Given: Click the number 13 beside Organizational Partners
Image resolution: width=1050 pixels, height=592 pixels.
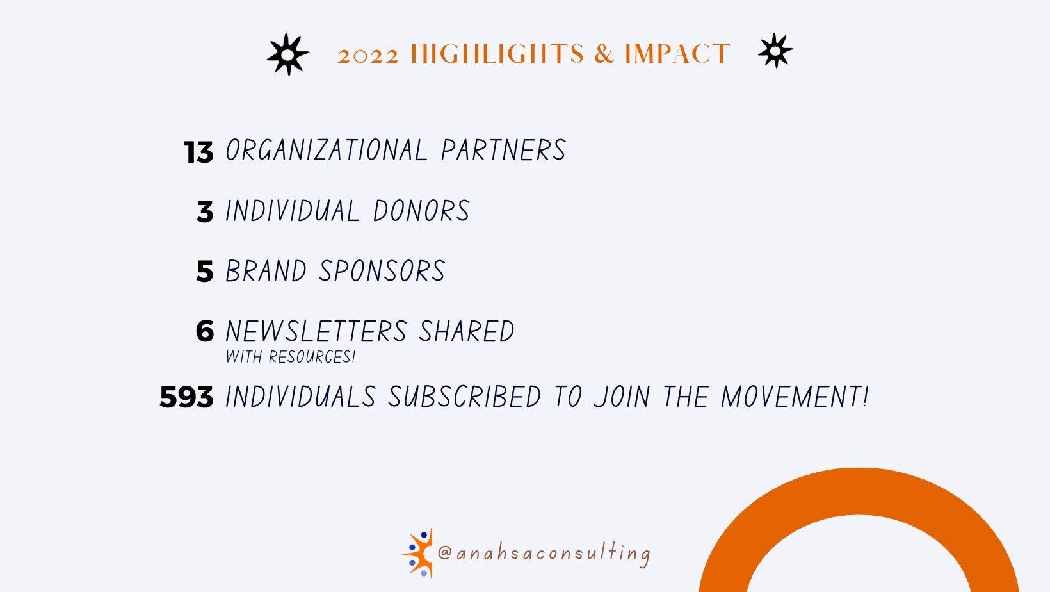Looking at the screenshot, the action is click(198, 152).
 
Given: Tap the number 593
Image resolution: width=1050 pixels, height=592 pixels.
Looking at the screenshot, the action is click(186, 397).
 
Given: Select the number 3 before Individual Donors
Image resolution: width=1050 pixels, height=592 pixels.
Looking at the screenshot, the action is click(205, 211).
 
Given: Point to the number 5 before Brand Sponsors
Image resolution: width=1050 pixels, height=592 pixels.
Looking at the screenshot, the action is click(205, 271).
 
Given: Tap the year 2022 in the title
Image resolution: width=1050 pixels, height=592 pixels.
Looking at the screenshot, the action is click(368, 55).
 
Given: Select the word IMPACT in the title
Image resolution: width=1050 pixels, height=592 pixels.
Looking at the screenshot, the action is click(677, 53).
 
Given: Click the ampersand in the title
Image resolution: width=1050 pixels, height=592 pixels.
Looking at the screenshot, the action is click(604, 53).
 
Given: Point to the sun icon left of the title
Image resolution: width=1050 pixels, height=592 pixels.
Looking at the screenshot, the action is click(288, 54).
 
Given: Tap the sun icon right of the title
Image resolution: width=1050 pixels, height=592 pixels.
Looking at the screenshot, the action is click(776, 51).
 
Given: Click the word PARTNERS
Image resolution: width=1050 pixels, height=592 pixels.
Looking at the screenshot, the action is click(504, 150).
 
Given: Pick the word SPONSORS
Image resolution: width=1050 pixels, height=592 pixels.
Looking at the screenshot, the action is click(382, 270).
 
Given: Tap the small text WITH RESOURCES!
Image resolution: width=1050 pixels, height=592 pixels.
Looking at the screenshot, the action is click(291, 357).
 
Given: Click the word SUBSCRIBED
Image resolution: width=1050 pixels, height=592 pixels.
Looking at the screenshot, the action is click(465, 397).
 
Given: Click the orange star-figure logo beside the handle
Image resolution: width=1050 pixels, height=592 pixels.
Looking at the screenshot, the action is click(419, 554).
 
